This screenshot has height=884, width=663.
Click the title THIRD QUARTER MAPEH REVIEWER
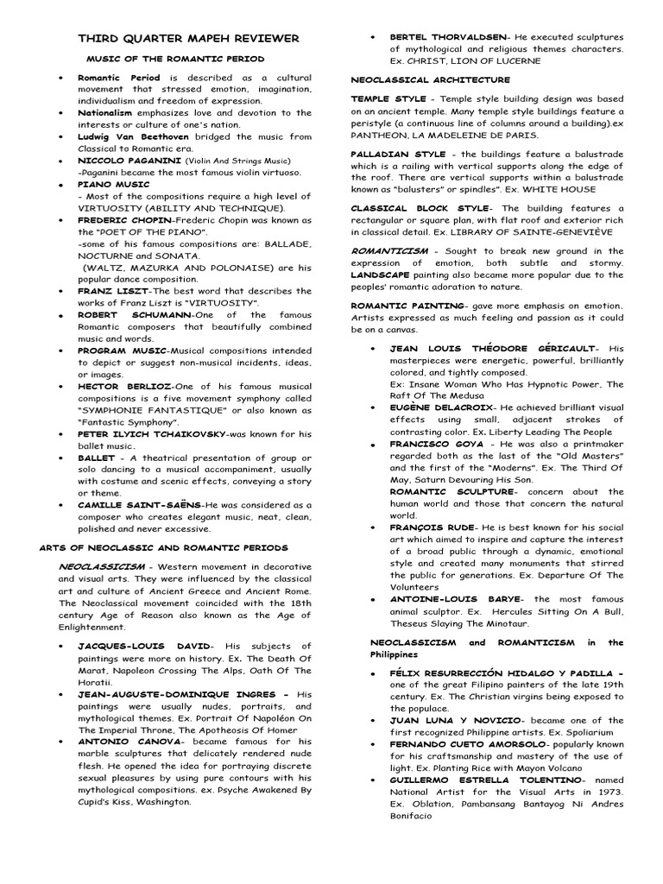[x=189, y=39]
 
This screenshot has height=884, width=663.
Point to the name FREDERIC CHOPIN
[x=119, y=220]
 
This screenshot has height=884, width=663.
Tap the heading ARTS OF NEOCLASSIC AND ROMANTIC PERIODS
[x=164, y=547]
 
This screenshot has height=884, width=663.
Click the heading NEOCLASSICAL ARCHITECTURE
[x=422, y=79]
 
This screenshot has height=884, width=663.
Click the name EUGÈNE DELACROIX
[x=441, y=407]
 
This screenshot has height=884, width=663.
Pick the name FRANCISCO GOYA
[x=435, y=444]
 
